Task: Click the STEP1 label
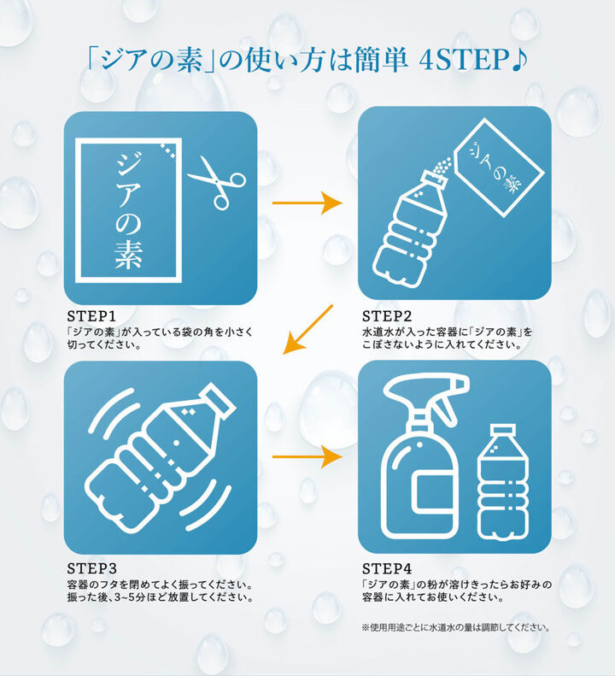(x=91, y=316)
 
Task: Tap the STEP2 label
(x=387, y=316)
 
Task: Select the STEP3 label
(x=91, y=568)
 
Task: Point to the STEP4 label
(x=387, y=568)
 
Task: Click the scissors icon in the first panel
(x=216, y=183)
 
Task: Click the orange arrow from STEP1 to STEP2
(x=307, y=203)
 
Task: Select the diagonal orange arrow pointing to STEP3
(x=308, y=329)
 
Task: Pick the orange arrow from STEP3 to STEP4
(x=307, y=456)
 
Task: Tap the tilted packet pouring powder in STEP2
(x=499, y=167)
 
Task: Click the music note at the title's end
(x=519, y=60)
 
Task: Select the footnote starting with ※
(x=456, y=627)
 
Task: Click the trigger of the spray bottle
(x=447, y=408)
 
